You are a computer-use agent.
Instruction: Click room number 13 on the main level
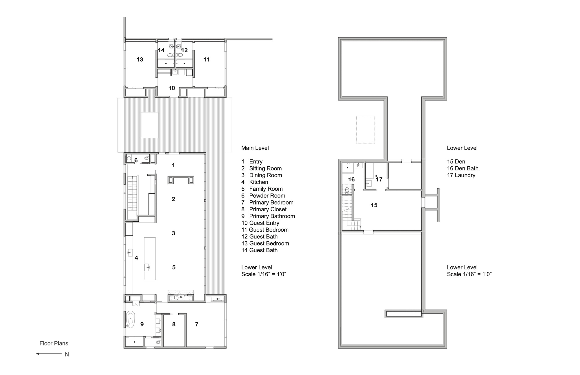tap(140, 59)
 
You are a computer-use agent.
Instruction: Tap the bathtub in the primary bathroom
tap(131, 319)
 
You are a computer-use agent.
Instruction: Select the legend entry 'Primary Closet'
tap(267, 209)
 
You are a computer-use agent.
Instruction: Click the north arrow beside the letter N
tap(49, 354)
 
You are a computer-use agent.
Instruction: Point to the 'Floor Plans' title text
tap(54, 343)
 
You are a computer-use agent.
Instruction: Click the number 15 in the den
tap(374, 205)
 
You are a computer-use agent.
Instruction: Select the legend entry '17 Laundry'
tap(461, 175)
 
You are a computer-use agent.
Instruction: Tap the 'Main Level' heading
tap(255, 148)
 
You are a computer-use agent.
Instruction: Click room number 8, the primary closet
tap(174, 324)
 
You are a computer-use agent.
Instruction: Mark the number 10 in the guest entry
tap(172, 88)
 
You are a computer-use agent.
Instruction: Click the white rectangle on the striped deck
tap(150, 125)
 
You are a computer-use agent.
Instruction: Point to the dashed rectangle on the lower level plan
tap(365, 130)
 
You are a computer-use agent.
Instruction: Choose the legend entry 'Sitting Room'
tap(265, 168)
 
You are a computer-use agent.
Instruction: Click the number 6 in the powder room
tap(136, 160)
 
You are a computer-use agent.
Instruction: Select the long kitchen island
tap(150, 259)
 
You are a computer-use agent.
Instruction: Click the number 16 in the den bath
tap(351, 179)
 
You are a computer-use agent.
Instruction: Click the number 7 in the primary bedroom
tap(197, 324)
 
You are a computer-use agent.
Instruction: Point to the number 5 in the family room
tap(174, 267)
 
